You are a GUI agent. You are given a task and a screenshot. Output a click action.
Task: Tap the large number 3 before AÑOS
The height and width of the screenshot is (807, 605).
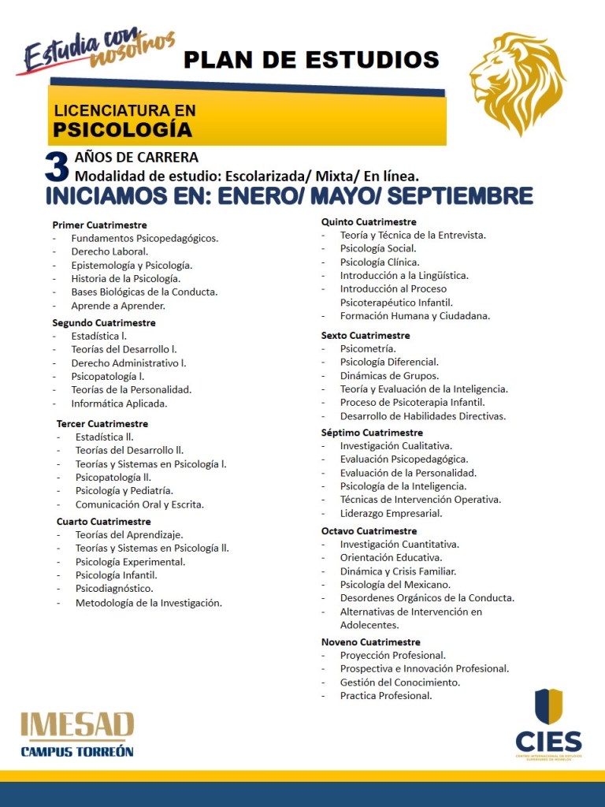pyautogui.click(x=57, y=166)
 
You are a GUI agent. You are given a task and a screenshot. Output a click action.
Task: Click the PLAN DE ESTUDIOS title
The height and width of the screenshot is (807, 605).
pyautogui.click(x=311, y=59)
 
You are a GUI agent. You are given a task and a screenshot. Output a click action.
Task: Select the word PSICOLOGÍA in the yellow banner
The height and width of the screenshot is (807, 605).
pyautogui.click(x=123, y=128)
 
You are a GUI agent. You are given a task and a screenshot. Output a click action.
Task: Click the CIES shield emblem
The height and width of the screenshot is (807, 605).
pyautogui.click(x=548, y=706)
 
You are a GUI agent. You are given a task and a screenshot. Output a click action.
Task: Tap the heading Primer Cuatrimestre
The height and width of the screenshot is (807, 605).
pyautogui.click(x=99, y=225)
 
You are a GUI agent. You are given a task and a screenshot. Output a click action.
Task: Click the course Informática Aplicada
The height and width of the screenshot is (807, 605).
pyautogui.click(x=119, y=403)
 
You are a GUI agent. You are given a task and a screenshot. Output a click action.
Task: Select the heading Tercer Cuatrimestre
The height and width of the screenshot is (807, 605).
pyautogui.click(x=102, y=423)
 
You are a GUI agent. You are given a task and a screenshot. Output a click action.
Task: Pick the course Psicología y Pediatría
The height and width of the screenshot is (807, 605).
pyautogui.click(x=124, y=490)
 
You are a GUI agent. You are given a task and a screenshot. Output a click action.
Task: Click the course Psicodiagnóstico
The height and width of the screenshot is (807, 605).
pyautogui.click(x=114, y=588)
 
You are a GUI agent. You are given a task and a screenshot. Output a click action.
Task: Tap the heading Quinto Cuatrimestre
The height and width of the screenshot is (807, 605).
pyautogui.click(x=369, y=221)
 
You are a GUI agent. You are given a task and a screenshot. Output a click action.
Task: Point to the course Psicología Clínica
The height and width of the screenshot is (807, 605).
pyautogui.click(x=380, y=262)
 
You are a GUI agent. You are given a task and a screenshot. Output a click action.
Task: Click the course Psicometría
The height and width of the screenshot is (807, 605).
pyautogui.click(x=368, y=348)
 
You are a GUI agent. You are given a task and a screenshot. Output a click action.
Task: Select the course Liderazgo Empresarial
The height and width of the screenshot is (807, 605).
pyautogui.click(x=391, y=513)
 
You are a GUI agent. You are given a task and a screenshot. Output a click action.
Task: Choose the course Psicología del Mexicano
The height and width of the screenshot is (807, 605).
pyautogui.click(x=395, y=584)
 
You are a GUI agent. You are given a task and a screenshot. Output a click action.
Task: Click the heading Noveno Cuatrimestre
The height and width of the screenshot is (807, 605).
pyautogui.click(x=370, y=642)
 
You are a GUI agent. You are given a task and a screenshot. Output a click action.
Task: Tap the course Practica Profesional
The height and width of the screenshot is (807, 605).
pyautogui.click(x=386, y=695)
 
